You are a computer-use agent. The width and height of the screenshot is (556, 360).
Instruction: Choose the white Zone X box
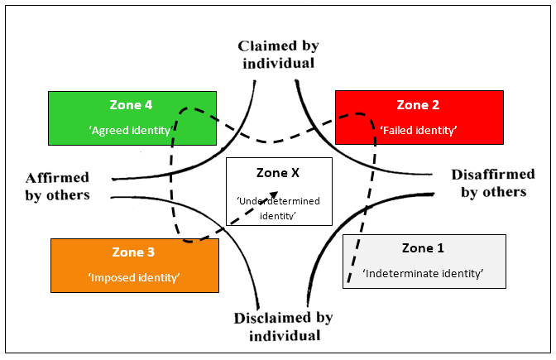[x=279, y=190]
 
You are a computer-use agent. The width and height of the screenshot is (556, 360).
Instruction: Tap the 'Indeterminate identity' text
[x=424, y=274]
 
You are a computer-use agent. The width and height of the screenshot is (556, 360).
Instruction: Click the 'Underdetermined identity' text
[x=279, y=208]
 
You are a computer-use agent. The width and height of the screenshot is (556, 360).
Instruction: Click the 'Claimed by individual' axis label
[x=278, y=54]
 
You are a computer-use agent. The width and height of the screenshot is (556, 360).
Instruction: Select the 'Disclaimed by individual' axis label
[x=284, y=326]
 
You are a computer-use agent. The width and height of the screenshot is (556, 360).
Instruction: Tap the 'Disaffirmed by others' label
[x=489, y=183]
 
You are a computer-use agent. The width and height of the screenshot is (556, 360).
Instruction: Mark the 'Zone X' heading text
[x=278, y=174]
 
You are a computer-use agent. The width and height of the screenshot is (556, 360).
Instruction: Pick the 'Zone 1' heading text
[x=424, y=249]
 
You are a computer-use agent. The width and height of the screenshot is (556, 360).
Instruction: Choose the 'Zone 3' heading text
[x=134, y=252]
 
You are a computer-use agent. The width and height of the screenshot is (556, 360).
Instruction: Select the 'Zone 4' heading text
[x=132, y=105]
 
